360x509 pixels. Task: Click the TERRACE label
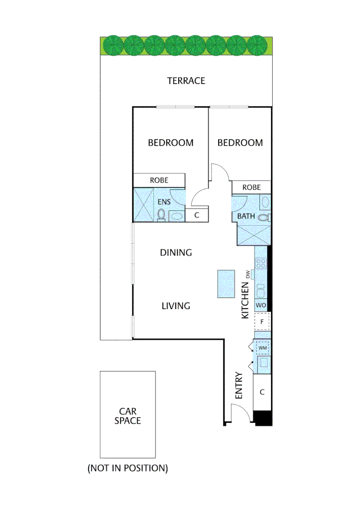point(186,81)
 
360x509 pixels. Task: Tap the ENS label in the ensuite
point(164,202)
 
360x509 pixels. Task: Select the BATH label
point(246,216)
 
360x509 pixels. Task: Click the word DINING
point(176,253)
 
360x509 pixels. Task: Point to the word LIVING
point(176,306)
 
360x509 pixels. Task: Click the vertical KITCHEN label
point(245,300)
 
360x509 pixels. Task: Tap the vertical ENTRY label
point(238,386)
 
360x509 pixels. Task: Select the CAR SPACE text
point(127,416)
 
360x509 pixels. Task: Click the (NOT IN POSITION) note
point(127,468)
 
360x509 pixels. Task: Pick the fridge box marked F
point(262,322)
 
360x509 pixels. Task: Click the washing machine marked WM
point(262,348)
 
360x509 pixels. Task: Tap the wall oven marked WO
point(261,305)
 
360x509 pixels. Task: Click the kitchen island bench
point(226,284)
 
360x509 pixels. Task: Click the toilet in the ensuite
point(161,215)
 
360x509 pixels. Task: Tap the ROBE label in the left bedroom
point(159,180)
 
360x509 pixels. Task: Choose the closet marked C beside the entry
point(262,392)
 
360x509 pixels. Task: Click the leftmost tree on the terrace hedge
point(113,45)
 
